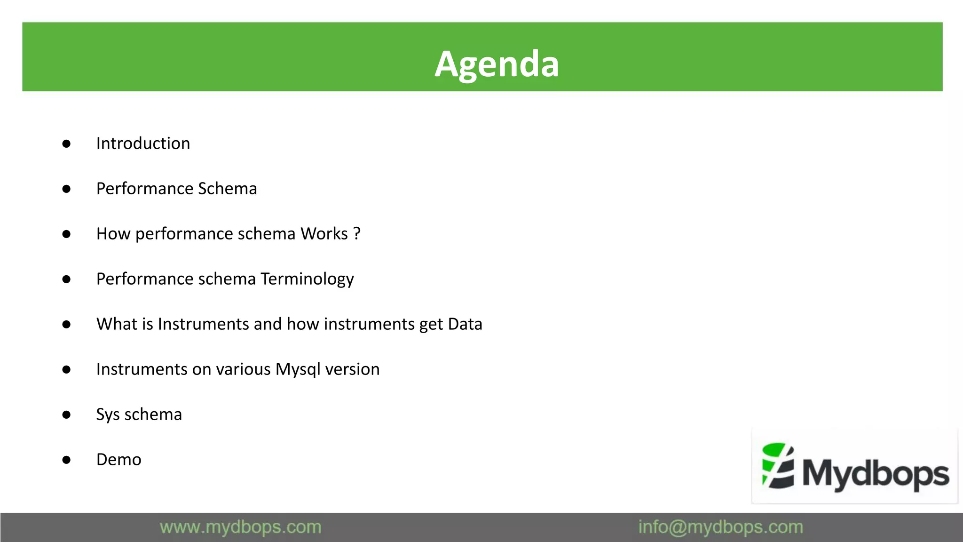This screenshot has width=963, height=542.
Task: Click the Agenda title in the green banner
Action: pos(497,64)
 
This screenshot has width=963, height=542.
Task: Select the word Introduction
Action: pos(143,143)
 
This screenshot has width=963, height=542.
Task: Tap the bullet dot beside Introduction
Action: pos(66,143)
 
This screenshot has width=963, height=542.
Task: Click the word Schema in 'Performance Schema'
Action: pos(228,189)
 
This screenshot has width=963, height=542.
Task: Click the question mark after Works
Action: pos(357,234)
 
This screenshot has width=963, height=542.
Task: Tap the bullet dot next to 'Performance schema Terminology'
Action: pos(66,279)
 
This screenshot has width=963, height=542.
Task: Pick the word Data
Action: pos(465,324)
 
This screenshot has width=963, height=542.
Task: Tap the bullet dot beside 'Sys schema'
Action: pos(66,414)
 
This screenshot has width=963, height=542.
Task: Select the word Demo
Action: pos(118,460)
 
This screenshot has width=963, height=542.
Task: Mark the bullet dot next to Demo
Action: pos(66,460)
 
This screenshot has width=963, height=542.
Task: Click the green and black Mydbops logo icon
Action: pos(778,466)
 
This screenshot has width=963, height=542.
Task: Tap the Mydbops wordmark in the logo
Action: pos(876,473)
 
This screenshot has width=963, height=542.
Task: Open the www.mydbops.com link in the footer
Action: pos(240,527)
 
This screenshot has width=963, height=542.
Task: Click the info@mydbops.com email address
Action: pos(720,527)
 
